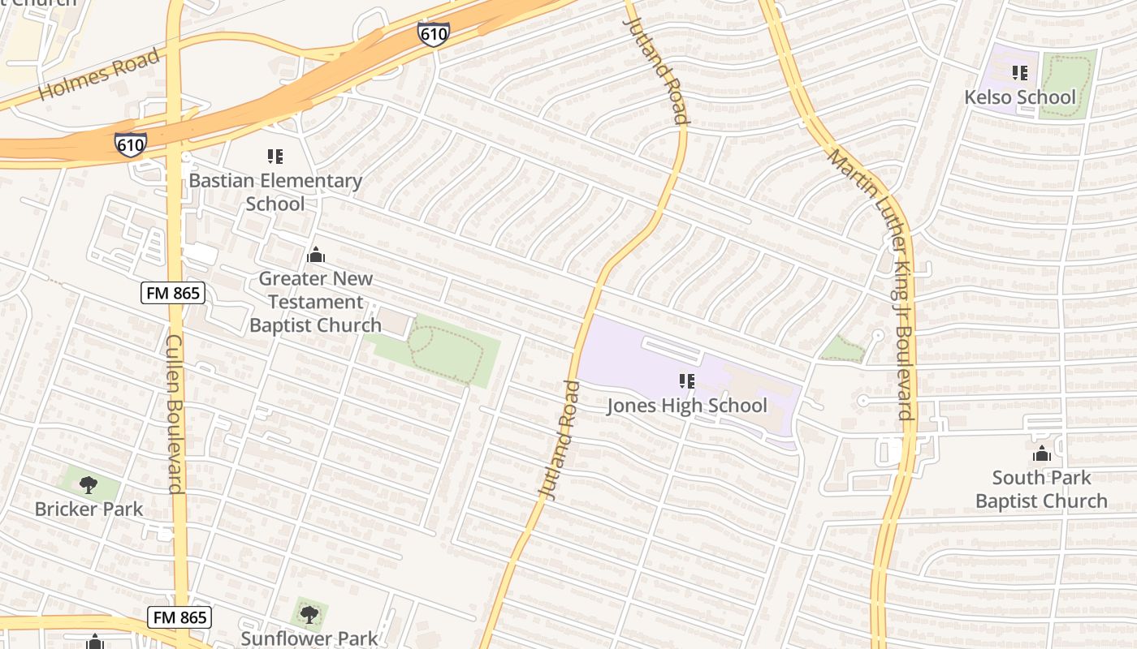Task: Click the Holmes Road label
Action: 98,75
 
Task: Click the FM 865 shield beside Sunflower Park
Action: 180,617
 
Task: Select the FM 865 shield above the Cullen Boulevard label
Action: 172,293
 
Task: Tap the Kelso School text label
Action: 1019,97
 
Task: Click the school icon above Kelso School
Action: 1020,73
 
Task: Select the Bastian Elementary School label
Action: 275,192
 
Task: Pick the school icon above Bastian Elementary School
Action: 275,156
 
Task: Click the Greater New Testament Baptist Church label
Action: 315,302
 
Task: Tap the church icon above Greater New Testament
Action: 316,256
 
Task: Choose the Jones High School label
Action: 687,406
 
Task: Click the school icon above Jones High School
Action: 687,380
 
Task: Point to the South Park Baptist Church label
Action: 1041,489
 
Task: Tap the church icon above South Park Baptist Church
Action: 1041,453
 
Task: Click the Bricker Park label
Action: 89,509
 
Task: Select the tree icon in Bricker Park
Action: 89,485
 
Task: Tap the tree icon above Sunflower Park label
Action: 309,614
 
